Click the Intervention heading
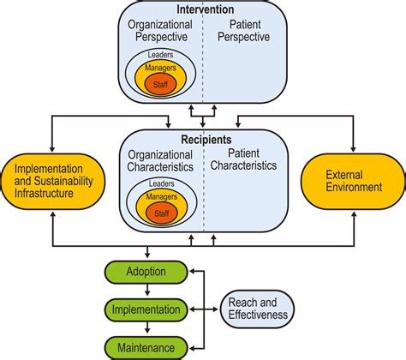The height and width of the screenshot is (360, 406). pos(206,9)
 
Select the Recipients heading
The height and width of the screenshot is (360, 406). pos(206,140)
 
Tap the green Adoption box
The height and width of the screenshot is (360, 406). pos(146,272)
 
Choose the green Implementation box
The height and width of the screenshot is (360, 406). pos(146,309)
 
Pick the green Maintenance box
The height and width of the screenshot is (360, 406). pos(146,348)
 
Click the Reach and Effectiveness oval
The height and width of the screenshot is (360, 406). pos(258,309)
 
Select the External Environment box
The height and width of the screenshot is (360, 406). pos(353,181)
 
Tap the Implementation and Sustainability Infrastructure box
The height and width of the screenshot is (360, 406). pos(53,181)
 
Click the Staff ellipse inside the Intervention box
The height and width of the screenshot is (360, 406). pos(160,84)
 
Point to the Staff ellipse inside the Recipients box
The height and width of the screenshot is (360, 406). pos(162,213)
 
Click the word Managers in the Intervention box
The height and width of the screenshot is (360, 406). pos(160,68)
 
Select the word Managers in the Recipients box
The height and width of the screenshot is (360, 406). pos(162,196)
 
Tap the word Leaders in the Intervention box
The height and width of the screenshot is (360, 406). pos(160,54)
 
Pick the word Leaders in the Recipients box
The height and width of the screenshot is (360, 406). pos(162,183)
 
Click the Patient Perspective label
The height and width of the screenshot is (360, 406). pos(244,31)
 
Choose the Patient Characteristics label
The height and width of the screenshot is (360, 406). pos(243,159)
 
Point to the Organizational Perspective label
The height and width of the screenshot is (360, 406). pos(160,31)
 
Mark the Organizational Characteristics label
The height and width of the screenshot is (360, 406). pos(160,161)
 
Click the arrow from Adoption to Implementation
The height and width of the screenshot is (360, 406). pos(147,290)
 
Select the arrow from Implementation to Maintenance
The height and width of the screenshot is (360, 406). pos(147,327)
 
